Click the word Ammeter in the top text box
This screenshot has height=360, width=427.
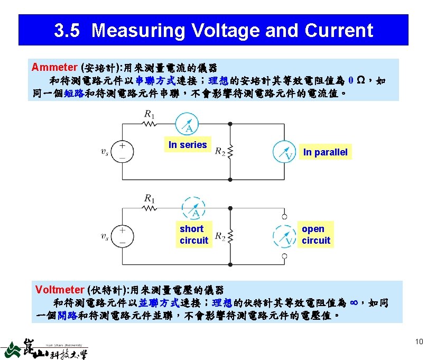point(54,67)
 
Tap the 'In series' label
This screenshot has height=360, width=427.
point(188,144)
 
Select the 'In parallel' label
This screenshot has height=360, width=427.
point(325,152)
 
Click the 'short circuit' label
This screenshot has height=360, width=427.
point(193,235)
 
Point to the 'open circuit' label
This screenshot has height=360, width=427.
point(315,235)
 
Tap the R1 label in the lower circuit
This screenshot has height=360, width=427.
point(150,199)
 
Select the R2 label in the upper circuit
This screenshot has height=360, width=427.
point(220,152)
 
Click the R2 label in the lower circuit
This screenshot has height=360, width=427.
point(220,238)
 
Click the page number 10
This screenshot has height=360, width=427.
point(419,341)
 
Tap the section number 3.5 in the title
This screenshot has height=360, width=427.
point(67,31)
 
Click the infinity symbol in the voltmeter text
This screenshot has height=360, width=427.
point(355,302)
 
